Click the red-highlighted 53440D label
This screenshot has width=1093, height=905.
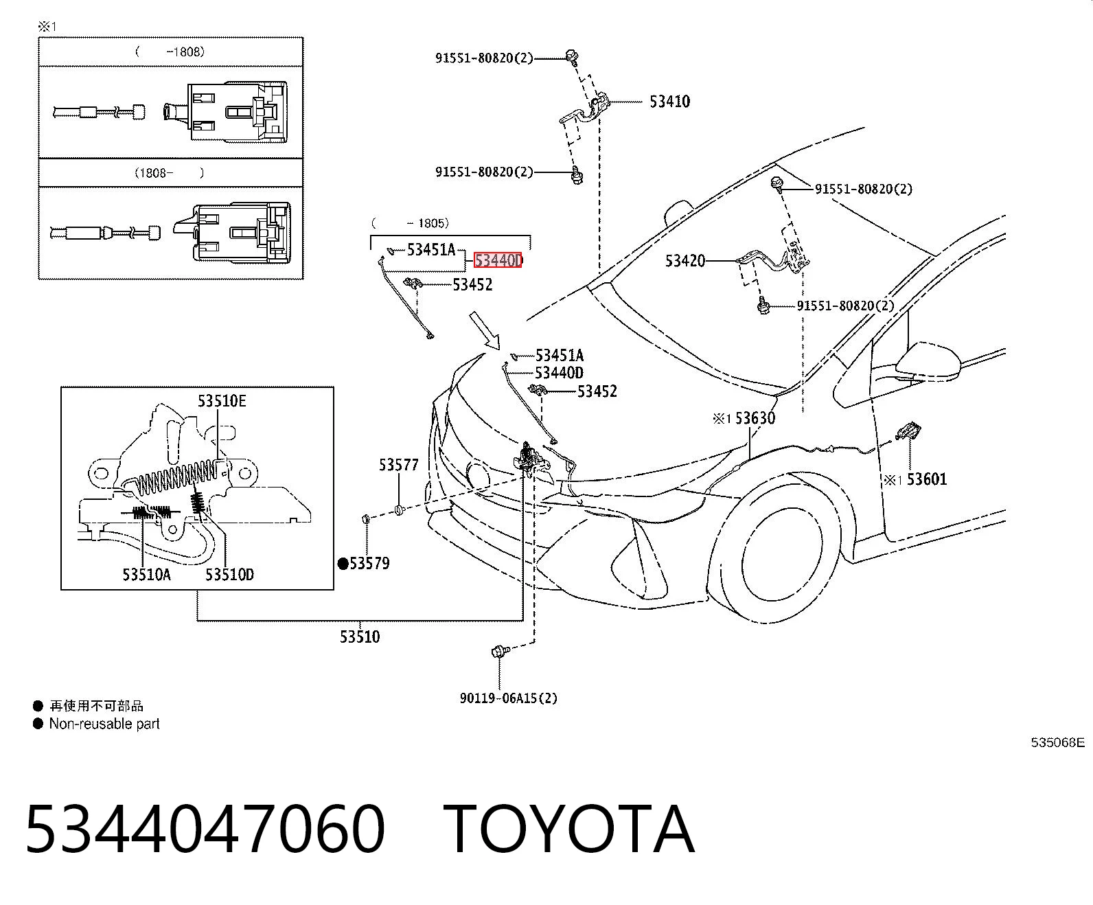tap(498, 260)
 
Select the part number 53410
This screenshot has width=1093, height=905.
tap(669, 102)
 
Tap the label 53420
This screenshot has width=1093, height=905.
tap(684, 261)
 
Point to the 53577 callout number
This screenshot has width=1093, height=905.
tap(398, 465)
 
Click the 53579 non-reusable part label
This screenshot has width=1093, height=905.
tap(365, 564)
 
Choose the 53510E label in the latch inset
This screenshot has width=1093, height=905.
tap(222, 401)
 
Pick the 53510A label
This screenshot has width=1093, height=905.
tap(146, 575)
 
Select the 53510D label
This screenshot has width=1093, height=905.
tap(229, 575)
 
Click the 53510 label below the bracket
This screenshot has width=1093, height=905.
tap(360, 637)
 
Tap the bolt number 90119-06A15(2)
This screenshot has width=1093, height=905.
tap(508, 698)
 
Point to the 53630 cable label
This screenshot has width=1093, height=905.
tap(755, 418)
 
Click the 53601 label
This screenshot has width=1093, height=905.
tap(927, 479)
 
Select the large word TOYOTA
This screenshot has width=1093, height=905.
tap(569, 830)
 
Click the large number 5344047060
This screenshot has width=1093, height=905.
tap(205, 830)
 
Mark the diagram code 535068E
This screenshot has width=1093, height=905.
tap(1057, 743)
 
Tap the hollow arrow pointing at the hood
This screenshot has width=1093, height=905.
tap(485, 331)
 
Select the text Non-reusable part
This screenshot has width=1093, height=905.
tap(104, 724)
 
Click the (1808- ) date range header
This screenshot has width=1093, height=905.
tap(170, 173)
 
